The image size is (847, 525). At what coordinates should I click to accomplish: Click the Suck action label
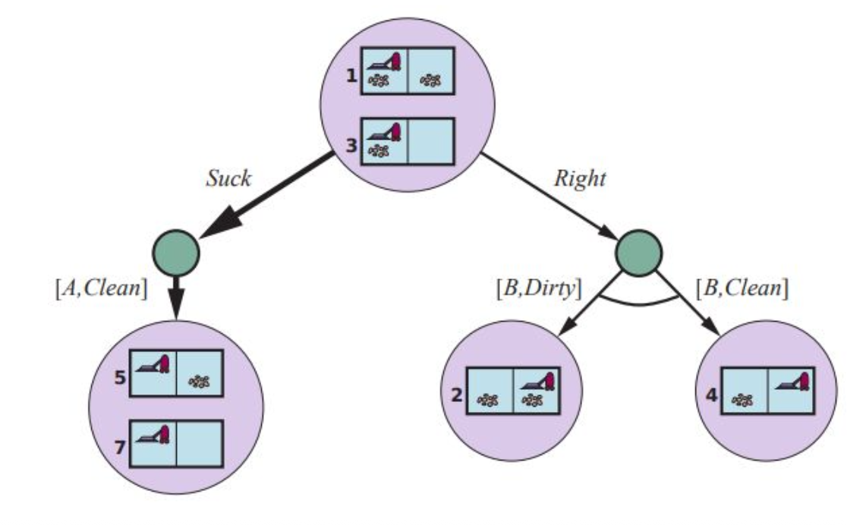[228, 178]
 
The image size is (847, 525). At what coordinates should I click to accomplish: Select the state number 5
[120, 376]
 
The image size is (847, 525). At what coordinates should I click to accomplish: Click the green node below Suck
[176, 250]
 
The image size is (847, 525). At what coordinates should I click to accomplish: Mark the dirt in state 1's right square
[431, 78]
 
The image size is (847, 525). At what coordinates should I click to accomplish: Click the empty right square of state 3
[431, 140]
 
